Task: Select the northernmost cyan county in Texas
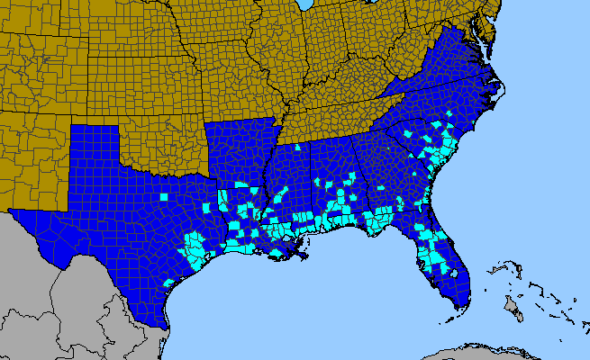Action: click(163, 194)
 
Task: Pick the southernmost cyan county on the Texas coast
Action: click(168, 283)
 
